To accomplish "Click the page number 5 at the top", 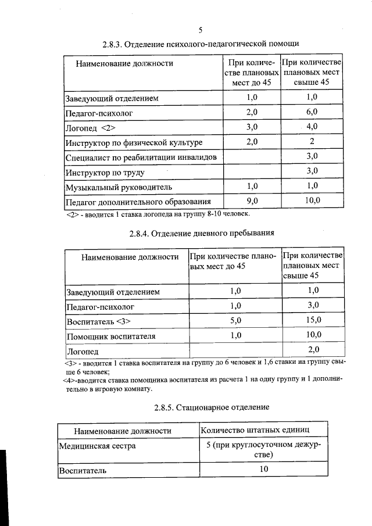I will click(200, 30).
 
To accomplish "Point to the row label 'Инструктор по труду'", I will click(105, 173).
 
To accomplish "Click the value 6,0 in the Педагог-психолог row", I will click(312, 112).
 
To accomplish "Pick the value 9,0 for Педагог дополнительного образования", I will click(252, 201).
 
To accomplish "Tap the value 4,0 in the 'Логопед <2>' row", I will click(312, 126).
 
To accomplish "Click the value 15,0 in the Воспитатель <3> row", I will click(313, 320).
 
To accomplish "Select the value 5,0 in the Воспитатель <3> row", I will click(235, 320).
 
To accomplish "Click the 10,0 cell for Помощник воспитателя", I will click(313, 335).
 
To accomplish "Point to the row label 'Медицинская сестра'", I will click(98, 446).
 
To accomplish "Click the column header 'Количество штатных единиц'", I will click(255, 430).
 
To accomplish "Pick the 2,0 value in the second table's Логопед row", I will click(313, 350).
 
